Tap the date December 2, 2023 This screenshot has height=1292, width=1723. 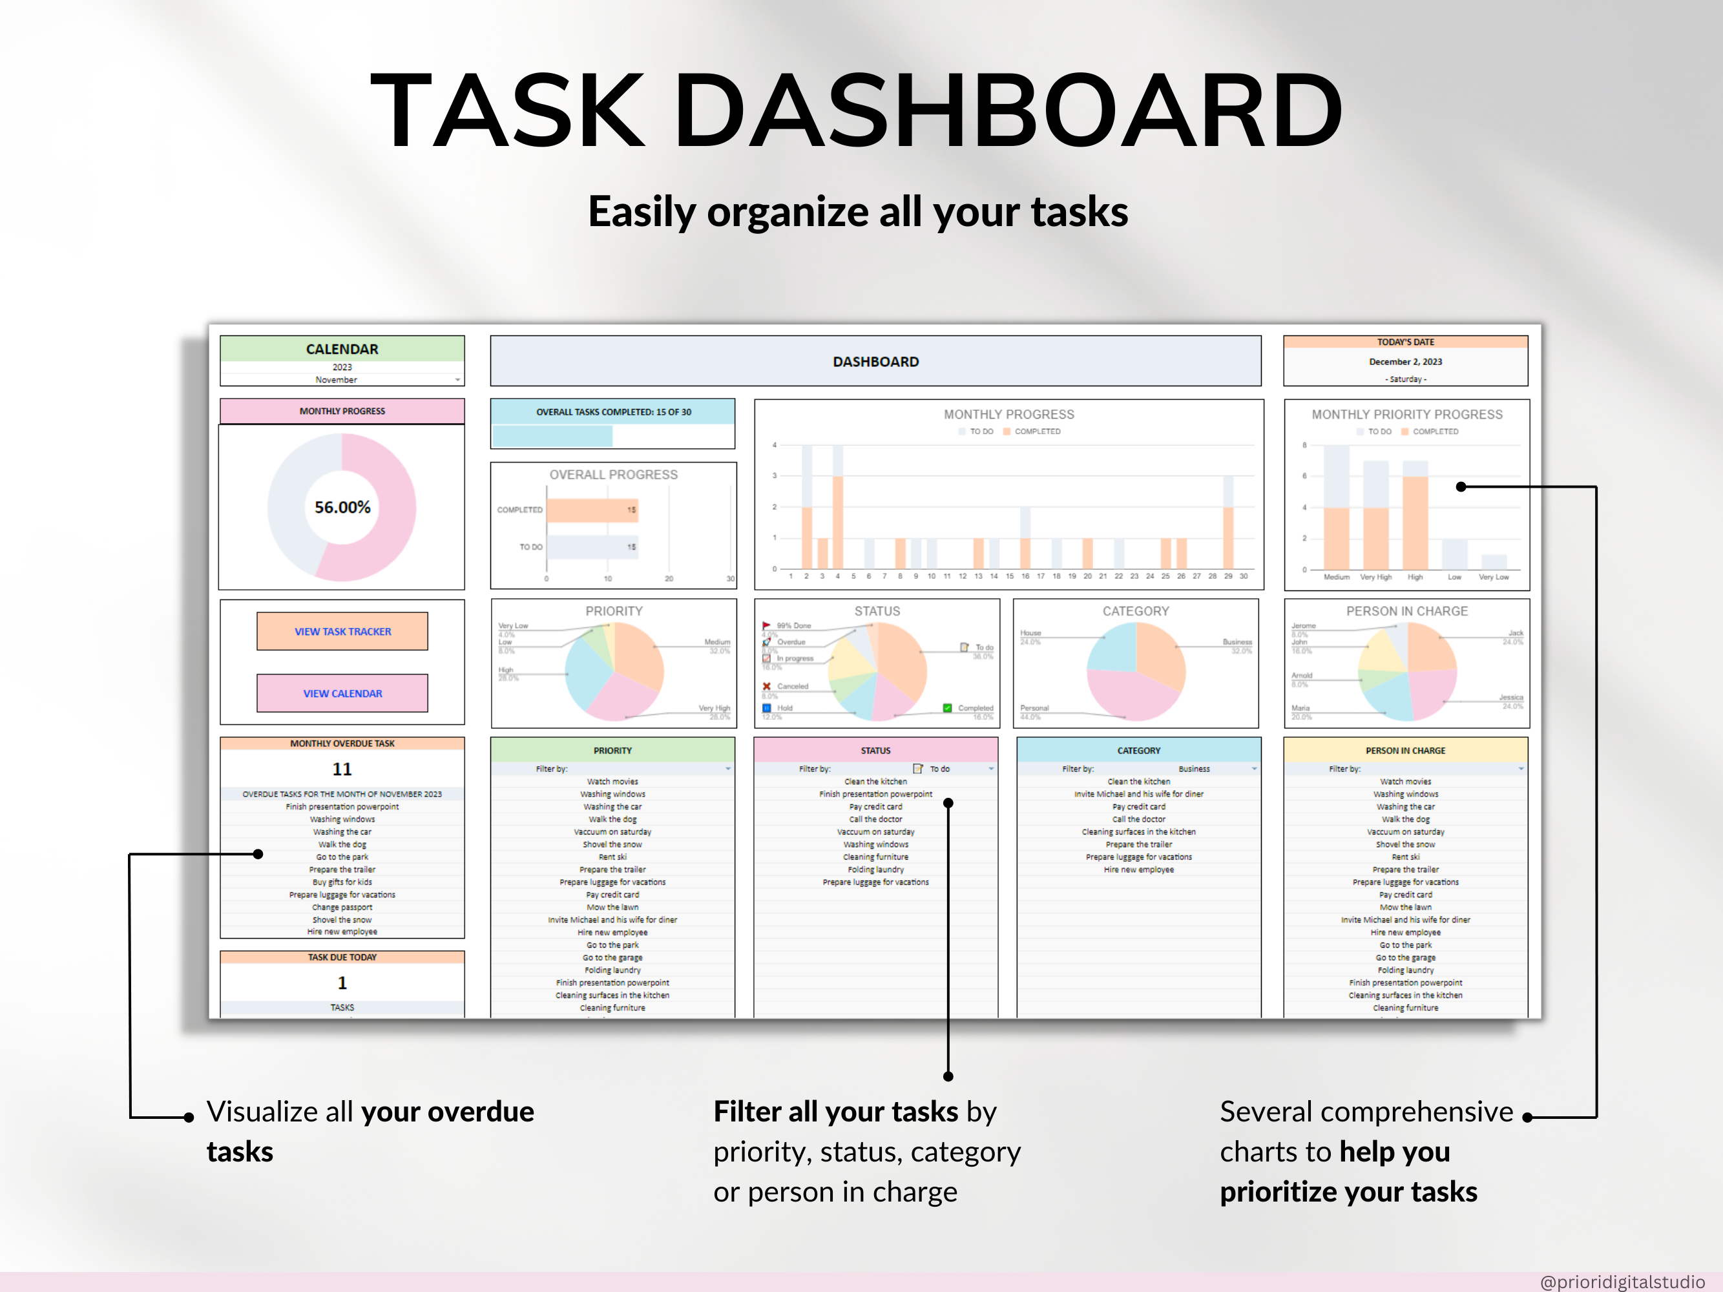coord(1405,361)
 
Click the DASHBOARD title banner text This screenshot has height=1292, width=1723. coord(875,361)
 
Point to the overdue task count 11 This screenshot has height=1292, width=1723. coord(342,769)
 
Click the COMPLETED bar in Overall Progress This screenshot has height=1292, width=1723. coord(592,510)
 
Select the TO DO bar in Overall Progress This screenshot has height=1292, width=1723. coord(592,547)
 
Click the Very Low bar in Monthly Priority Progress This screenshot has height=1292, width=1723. coord(1493,561)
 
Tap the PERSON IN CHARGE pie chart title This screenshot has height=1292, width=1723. coord(1406,611)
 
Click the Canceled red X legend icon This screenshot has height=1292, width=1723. coord(766,686)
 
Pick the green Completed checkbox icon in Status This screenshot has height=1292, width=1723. coord(947,708)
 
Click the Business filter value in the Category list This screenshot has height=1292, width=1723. coord(1193,769)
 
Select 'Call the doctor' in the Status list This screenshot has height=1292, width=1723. coord(875,819)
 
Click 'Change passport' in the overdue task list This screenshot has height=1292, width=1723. coord(342,907)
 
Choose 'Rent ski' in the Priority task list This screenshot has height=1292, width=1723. coord(612,857)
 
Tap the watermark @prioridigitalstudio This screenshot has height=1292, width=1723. coord(1622,1281)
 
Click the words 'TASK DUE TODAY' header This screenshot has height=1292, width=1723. coord(342,957)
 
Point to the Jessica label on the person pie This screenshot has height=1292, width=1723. coord(1510,698)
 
